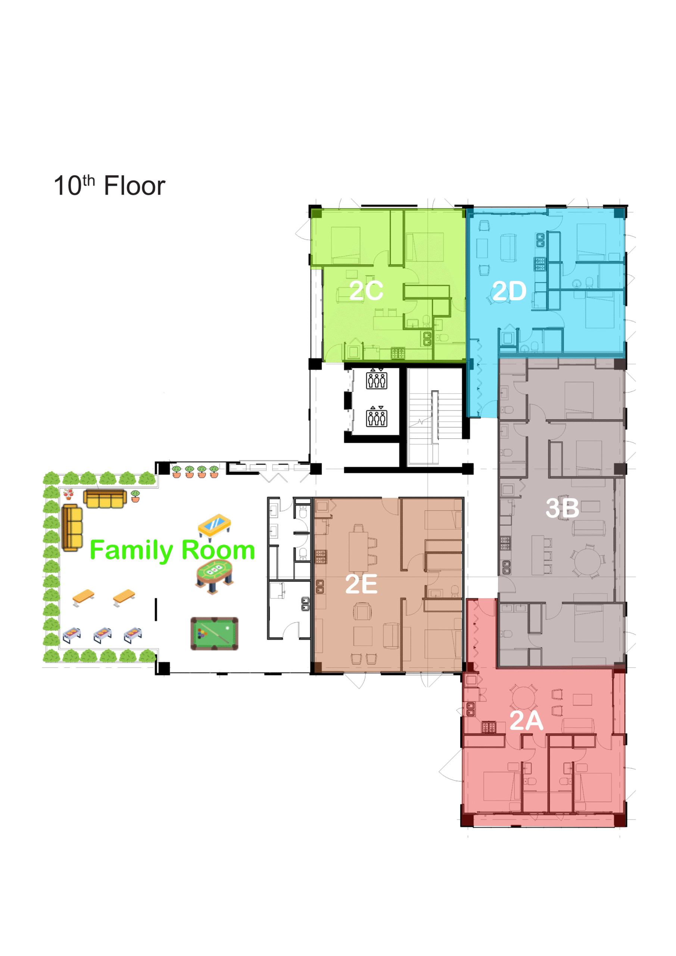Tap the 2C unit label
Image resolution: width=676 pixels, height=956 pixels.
(x=366, y=290)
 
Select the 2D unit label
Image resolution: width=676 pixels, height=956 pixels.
(x=509, y=291)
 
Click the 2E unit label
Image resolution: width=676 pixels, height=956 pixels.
(x=361, y=584)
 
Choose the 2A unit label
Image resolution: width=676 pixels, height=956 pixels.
(x=526, y=720)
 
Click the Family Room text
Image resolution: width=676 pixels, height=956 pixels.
(x=172, y=550)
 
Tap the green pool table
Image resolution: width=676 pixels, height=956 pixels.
(x=214, y=633)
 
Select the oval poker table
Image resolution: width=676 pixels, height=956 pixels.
(x=214, y=576)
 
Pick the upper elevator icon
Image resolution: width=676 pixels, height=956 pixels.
(x=377, y=380)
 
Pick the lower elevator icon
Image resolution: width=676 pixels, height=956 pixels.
(x=377, y=418)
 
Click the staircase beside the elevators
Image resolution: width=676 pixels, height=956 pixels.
(x=435, y=416)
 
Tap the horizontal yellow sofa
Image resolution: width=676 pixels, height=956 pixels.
(x=105, y=499)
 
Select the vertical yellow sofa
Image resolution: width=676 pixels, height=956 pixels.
(x=72, y=528)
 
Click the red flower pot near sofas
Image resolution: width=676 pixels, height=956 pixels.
(x=69, y=494)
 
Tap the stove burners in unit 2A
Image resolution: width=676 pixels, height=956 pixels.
(x=489, y=727)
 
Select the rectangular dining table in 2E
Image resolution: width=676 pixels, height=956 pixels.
(x=358, y=552)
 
